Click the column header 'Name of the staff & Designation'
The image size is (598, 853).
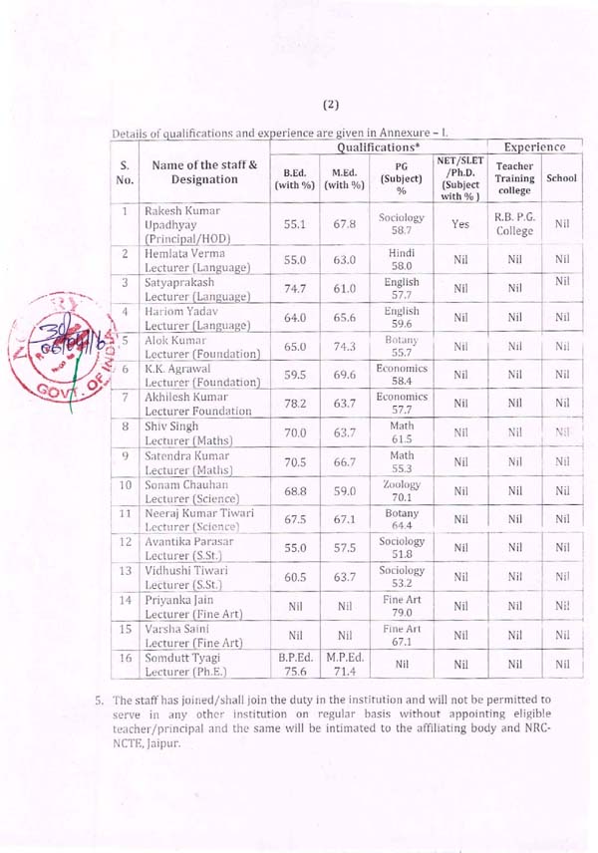coord(202,171)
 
